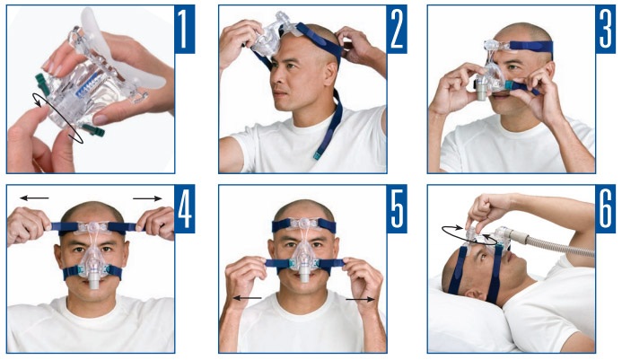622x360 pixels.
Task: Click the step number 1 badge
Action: coord(184,29)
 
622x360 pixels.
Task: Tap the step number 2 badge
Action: coord(397,29)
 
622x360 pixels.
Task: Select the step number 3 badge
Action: coord(605,29)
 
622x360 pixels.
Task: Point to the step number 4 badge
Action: coord(184,208)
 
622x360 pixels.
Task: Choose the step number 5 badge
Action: coord(397,208)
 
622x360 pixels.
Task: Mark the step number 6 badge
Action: coord(605,208)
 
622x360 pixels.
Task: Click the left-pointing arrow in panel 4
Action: coord(34,198)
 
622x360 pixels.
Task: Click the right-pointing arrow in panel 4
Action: coord(147,198)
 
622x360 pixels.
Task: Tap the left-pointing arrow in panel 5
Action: coord(247,298)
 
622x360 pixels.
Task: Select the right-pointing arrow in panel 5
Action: coord(360,299)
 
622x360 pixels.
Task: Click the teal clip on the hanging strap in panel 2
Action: coord(318,154)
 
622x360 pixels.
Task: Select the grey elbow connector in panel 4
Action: coord(94,281)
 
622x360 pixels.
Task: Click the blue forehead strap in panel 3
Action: coord(531,47)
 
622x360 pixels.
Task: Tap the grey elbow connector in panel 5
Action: coord(304,275)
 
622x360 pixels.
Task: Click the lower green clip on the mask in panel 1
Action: coord(93,130)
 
